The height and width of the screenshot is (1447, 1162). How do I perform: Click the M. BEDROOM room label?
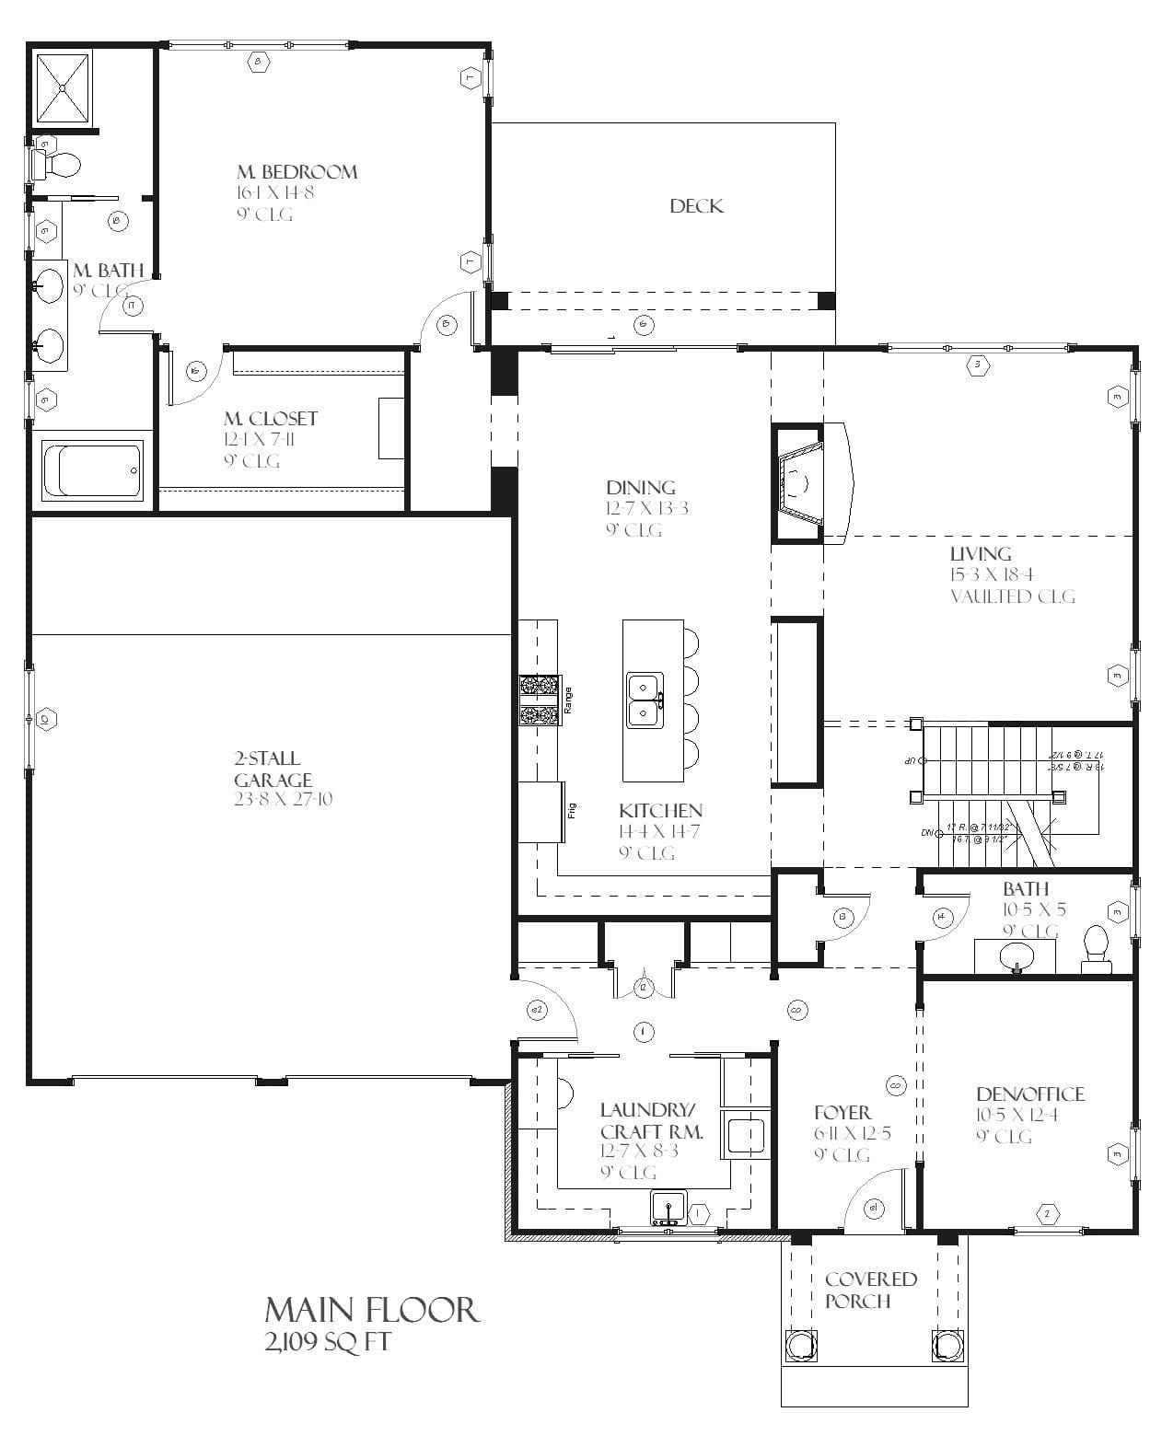tap(296, 172)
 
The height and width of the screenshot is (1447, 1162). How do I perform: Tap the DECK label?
tap(696, 206)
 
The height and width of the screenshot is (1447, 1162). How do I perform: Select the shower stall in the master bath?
tap(64, 87)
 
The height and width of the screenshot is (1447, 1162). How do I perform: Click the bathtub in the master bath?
tap(92, 470)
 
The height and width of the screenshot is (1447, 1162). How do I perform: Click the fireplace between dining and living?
tap(798, 482)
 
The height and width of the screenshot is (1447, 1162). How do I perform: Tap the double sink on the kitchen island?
tap(645, 700)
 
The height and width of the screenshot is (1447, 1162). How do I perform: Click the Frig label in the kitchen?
tap(572, 811)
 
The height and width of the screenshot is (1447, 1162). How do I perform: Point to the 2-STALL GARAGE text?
tap(267, 769)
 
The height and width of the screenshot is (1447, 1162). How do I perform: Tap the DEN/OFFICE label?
tap(1029, 1094)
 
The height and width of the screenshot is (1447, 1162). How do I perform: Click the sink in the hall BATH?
tap(1017, 955)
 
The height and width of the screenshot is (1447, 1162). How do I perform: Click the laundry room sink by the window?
tap(667, 1207)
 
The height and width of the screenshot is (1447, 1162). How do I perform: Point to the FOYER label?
tap(842, 1113)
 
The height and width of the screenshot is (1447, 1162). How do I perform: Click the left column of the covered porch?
tap(800, 1345)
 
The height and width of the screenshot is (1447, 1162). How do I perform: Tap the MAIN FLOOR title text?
tap(372, 1310)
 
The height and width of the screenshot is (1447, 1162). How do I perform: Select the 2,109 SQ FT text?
tap(327, 1342)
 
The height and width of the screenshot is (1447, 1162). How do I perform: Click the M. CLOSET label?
tap(270, 419)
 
